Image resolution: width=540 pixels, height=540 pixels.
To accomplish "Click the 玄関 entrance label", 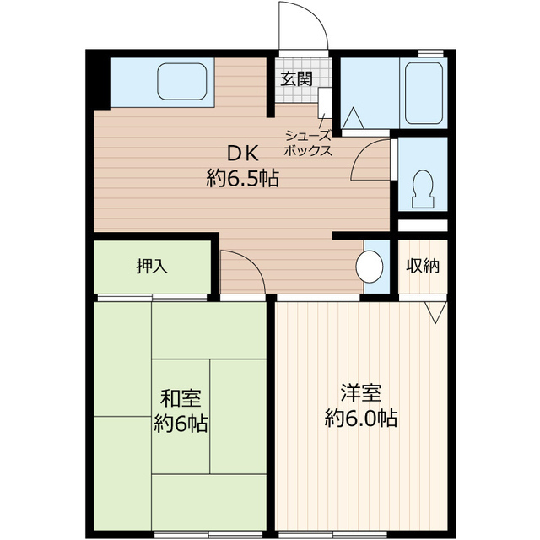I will click(296, 79).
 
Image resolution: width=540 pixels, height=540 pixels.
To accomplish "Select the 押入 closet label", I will click(152, 266).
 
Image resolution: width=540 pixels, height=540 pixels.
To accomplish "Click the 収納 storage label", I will click(424, 266).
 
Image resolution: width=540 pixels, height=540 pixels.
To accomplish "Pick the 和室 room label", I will click(181, 397).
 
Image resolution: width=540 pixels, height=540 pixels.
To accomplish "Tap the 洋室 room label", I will click(361, 392).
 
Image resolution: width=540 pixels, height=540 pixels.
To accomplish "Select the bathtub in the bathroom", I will click(424, 93).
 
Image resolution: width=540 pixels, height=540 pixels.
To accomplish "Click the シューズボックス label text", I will click(308, 143).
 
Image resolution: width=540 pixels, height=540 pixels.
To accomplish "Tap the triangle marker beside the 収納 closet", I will click(435, 312).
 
